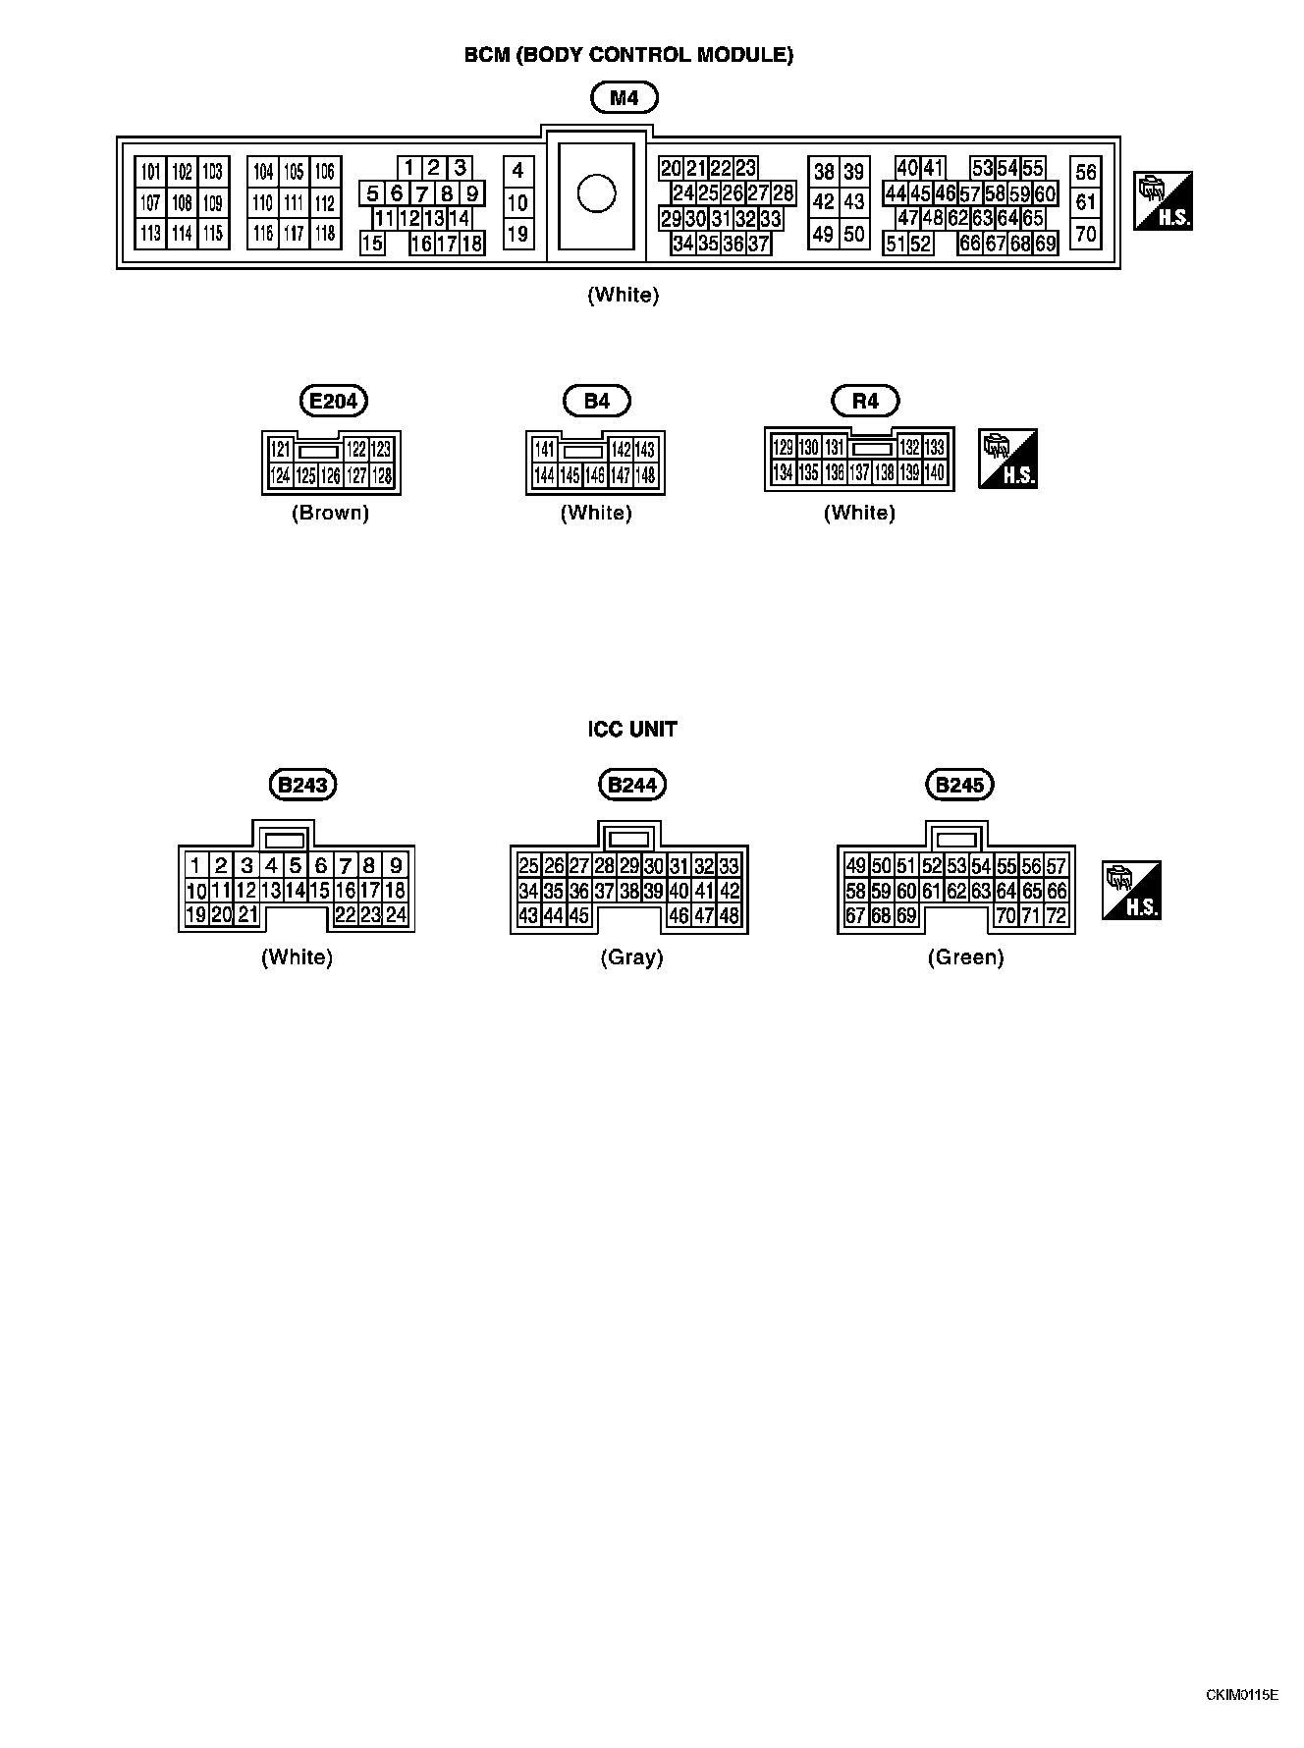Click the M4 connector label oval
[x=625, y=97]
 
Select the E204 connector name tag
[x=333, y=401]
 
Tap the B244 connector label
[x=631, y=785]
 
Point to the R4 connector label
[x=865, y=401]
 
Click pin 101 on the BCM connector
[x=150, y=173]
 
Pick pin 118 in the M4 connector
[x=325, y=234]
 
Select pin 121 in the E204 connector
[x=281, y=449]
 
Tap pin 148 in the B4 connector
[x=645, y=476]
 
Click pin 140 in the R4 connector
[x=934, y=473]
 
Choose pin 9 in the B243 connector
[x=396, y=865]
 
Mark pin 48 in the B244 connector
[x=730, y=916]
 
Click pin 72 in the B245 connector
[x=1057, y=916]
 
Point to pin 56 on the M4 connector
[x=1085, y=173]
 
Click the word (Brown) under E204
[x=330, y=513]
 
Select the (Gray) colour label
[x=631, y=957]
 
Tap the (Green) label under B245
[x=965, y=957]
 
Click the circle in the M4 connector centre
[x=596, y=192]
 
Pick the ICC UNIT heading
[x=632, y=729]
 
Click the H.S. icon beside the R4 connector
[x=1008, y=459]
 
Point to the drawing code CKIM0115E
[x=1242, y=1695]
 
